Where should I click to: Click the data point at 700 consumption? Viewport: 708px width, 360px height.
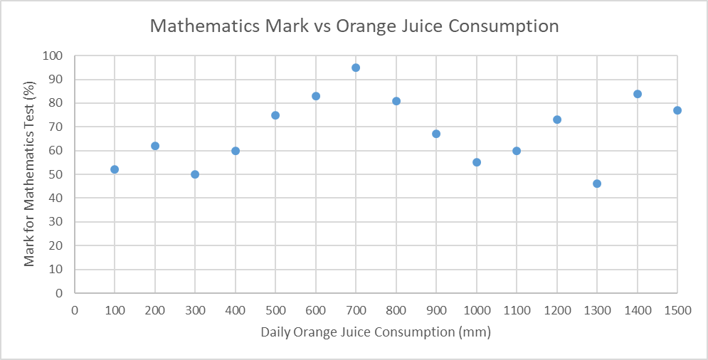pyautogui.click(x=356, y=68)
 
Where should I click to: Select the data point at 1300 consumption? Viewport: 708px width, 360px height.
pyautogui.click(x=597, y=184)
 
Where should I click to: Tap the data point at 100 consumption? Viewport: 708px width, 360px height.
pyautogui.click(x=115, y=169)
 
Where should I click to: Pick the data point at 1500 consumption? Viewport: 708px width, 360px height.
pyautogui.click(x=677, y=110)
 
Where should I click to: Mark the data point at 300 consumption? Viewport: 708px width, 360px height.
pyautogui.click(x=195, y=174)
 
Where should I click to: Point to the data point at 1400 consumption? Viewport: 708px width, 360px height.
pyautogui.click(x=638, y=94)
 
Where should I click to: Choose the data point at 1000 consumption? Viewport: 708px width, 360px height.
pyautogui.click(x=477, y=162)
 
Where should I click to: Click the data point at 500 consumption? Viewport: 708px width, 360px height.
pyautogui.click(x=275, y=115)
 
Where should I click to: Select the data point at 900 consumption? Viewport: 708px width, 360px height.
pyautogui.click(x=436, y=134)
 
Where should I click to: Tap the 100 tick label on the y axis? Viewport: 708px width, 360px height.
pyautogui.click(x=53, y=55)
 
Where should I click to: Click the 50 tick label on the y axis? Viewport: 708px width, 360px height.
pyautogui.click(x=56, y=174)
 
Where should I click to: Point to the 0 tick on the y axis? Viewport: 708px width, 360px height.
pyautogui.click(x=60, y=293)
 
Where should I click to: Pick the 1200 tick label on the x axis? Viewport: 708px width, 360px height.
pyautogui.click(x=556, y=310)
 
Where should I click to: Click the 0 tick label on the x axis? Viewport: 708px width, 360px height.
pyautogui.click(x=74, y=310)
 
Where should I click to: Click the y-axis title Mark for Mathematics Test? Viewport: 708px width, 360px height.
pyautogui.click(x=29, y=174)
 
